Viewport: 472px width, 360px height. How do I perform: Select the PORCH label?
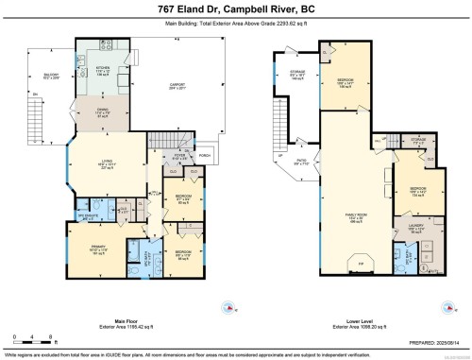click(205, 155)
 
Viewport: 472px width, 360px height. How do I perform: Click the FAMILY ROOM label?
click(358, 216)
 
